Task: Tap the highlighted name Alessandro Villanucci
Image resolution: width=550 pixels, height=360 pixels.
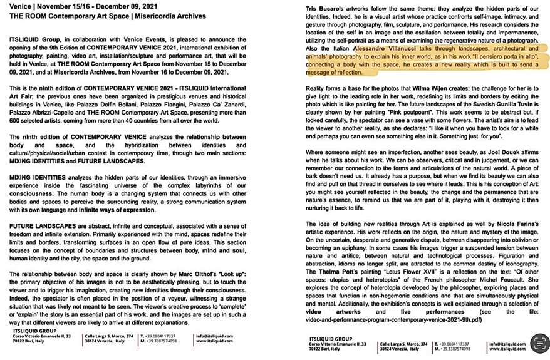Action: (386, 48)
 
